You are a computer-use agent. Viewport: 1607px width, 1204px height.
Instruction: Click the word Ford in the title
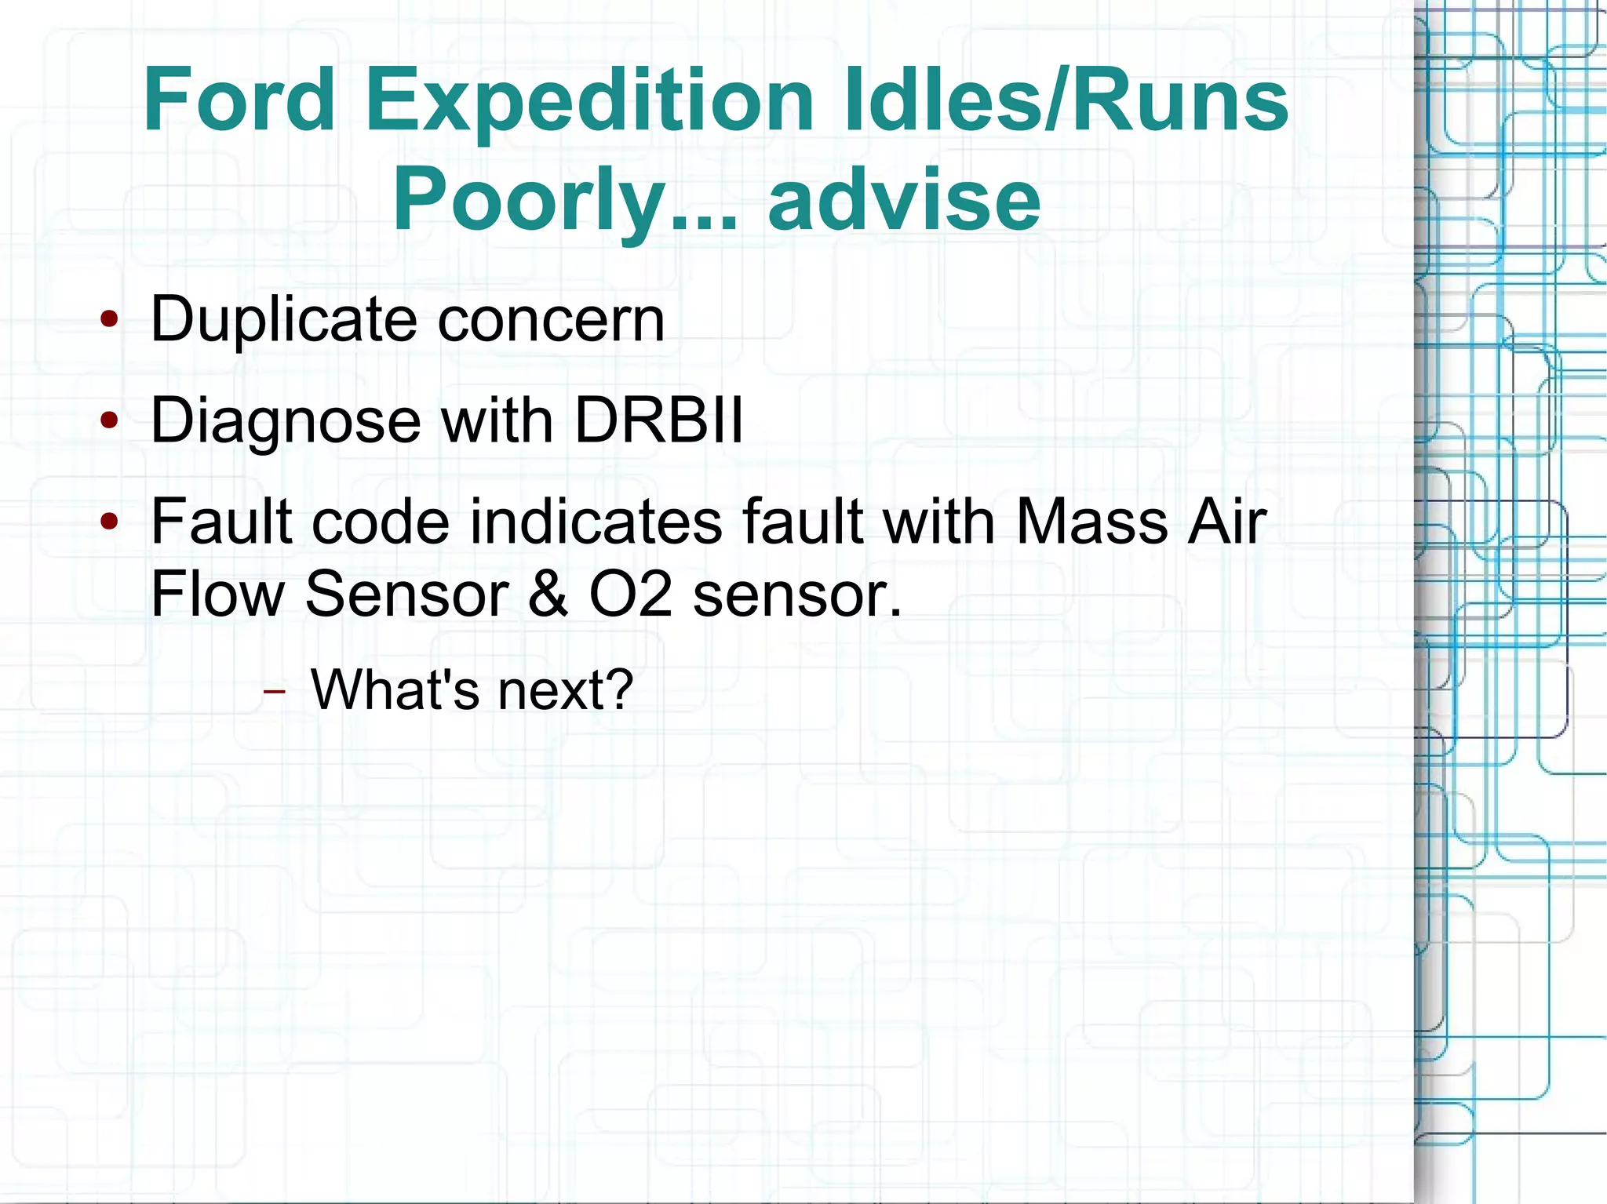(x=239, y=100)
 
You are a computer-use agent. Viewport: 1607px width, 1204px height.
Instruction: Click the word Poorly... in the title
(x=565, y=202)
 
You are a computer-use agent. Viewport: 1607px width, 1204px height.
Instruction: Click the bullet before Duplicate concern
(x=109, y=320)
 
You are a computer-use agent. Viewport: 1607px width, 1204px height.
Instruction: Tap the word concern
(x=551, y=320)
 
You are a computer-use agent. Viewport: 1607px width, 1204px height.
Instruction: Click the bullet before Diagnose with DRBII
(x=109, y=421)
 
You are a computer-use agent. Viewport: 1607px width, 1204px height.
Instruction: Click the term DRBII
(x=658, y=421)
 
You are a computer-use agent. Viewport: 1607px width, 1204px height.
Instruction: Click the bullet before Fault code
(x=109, y=521)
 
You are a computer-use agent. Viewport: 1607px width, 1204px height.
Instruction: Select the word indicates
(x=596, y=522)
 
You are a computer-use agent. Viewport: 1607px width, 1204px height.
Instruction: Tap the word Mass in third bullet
(x=1091, y=522)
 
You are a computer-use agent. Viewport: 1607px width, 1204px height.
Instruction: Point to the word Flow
(x=217, y=594)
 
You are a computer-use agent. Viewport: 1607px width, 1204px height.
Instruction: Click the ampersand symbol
(x=548, y=594)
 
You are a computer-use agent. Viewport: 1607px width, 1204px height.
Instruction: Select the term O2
(x=631, y=594)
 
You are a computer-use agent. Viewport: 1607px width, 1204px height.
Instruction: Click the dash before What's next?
(x=274, y=692)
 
